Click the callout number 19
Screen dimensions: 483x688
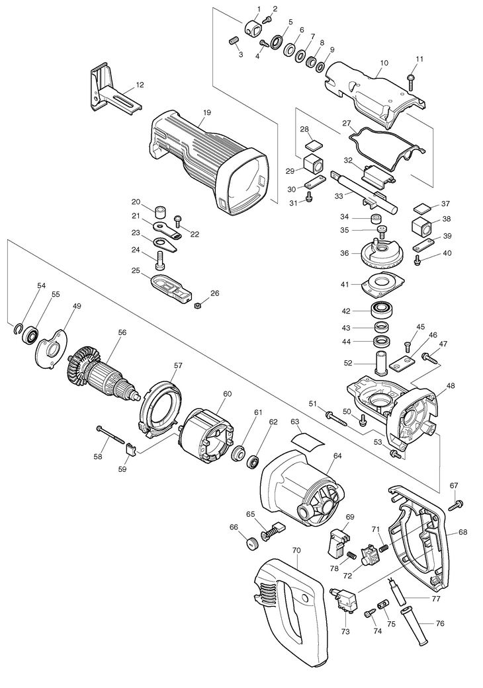coord(207,113)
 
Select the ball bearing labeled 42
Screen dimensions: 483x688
coord(382,311)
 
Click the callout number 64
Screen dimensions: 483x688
coord(337,456)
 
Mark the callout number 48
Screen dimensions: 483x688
coord(451,386)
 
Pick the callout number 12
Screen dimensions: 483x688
coord(140,85)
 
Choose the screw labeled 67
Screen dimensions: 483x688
coord(455,504)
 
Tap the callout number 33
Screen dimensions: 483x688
coord(339,197)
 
